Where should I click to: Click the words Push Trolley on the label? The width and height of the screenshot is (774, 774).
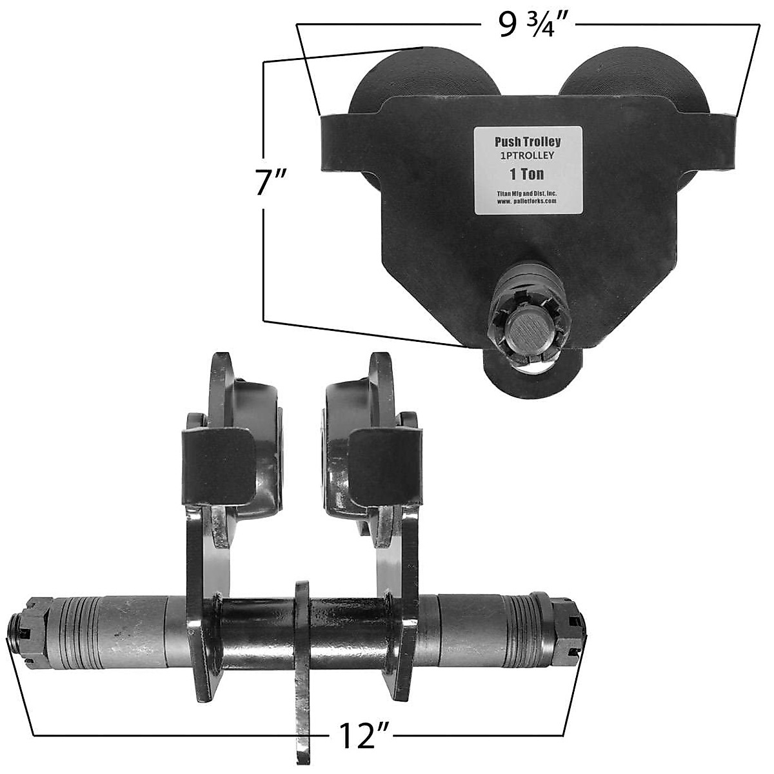tap(528, 142)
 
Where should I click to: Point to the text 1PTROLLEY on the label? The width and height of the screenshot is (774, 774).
tap(527, 155)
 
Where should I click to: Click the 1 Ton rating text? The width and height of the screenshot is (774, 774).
tap(526, 174)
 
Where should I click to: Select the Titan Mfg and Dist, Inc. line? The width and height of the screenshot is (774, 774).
tap(526, 193)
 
